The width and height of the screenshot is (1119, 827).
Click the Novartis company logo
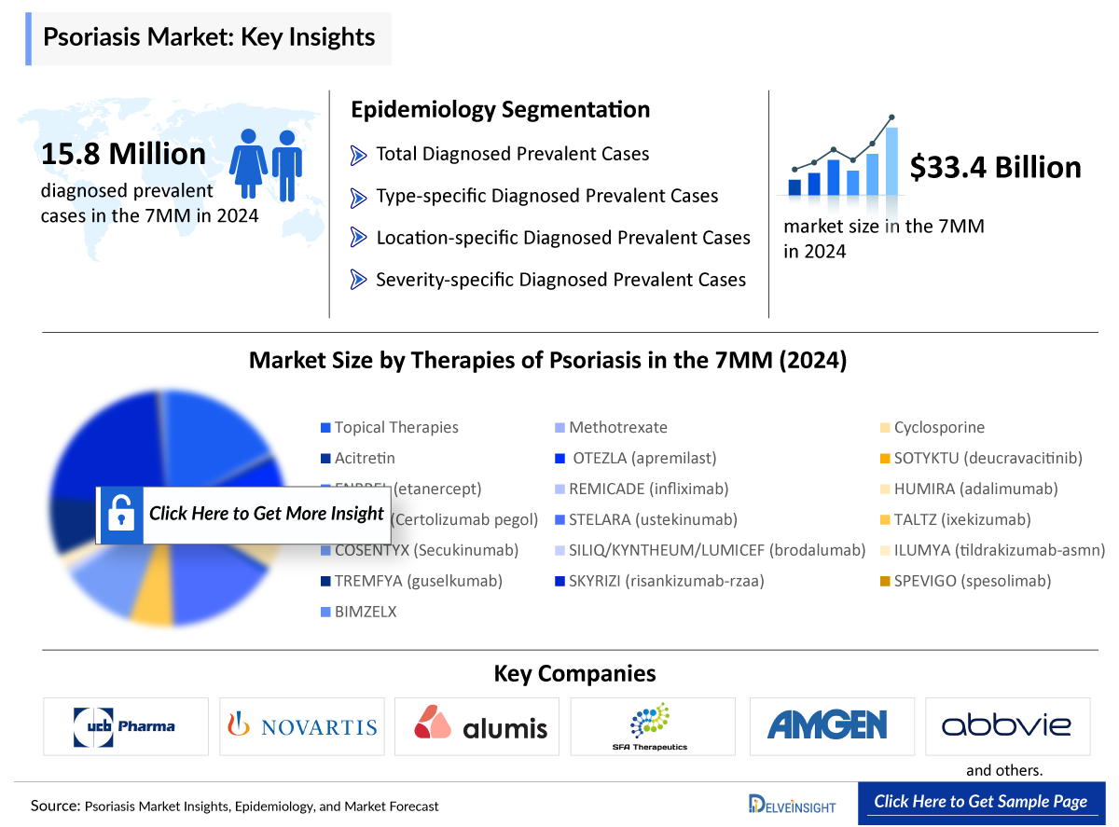point(302,726)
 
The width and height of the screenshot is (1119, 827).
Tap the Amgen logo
point(827,725)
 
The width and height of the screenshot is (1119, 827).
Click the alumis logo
point(481,725)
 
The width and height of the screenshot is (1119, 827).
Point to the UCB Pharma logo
point(126,725)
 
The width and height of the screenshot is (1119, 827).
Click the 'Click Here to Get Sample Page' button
point(980,802)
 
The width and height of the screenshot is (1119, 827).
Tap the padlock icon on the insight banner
point(120,514)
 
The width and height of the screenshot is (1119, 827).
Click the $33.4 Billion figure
point(995,168)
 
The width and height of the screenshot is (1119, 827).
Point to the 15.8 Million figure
point(123,154)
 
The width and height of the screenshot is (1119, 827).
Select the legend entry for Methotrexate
point(617,428)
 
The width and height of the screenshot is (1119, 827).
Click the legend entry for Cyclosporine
point(938,428)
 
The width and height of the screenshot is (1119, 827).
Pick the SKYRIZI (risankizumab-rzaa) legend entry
point(666,581)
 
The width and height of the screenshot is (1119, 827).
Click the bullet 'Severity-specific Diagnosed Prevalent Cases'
point(559,280)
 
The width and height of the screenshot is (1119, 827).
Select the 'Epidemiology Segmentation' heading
point(500,110)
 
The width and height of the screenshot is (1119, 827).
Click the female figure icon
point(249,164)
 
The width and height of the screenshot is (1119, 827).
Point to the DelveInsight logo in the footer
point(792,803)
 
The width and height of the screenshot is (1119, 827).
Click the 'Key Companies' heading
point(574,674)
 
